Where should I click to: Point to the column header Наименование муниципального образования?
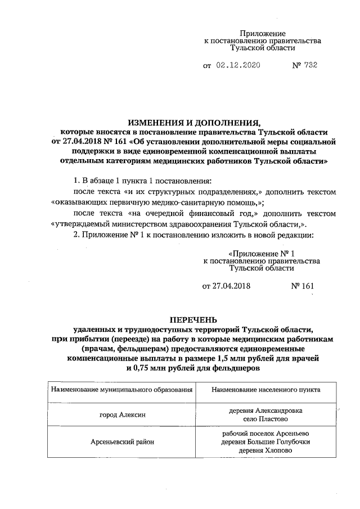point(122,389)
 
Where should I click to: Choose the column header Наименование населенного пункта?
point(267,389)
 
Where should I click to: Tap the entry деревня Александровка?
point(267,411)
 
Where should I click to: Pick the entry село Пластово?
point(267,420)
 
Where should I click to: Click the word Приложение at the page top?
point(262,34)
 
